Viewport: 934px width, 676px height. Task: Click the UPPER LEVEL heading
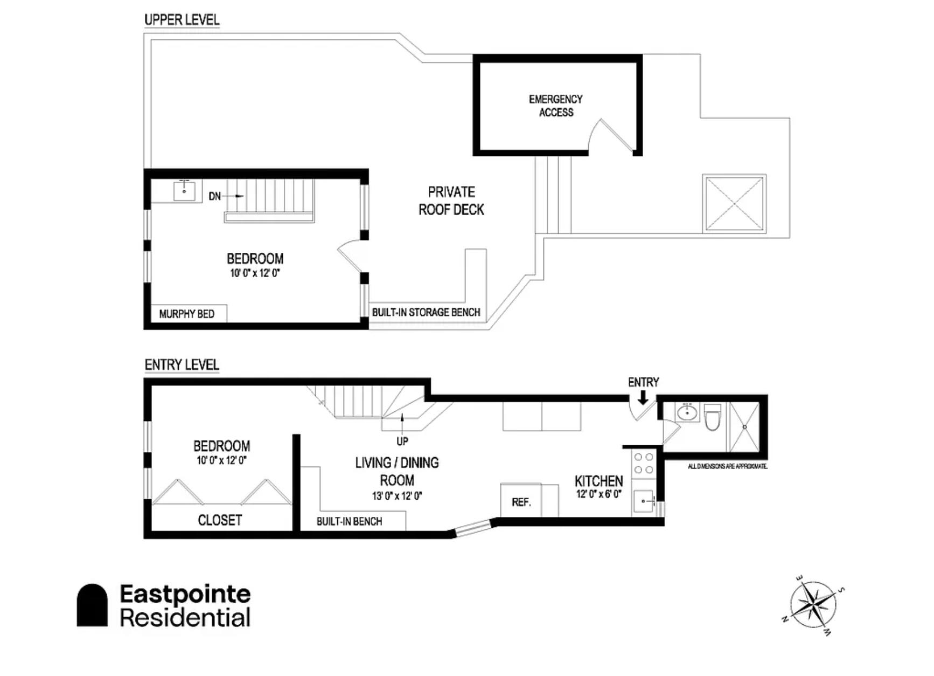(182, 20)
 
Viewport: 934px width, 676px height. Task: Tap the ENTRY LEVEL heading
(182, 365)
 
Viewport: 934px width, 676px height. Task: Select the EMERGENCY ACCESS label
(556, 106)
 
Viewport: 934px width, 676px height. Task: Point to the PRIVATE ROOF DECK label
(451, 201)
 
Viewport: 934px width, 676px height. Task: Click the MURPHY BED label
(186, 314)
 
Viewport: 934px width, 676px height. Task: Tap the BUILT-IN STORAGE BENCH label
(426, 312)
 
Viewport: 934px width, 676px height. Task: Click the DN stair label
(215, 196)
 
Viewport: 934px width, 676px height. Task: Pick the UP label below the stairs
(402, 442)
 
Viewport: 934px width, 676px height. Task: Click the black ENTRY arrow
(643, 397)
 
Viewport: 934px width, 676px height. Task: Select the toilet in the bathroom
(713, 417)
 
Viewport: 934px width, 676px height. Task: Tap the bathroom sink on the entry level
(687, 413)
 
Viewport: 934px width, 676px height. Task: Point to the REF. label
(521, 502)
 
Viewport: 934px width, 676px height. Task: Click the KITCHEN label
(599, 481)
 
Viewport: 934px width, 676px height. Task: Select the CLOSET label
(220, 520)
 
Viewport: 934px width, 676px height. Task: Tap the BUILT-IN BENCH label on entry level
(349, 521)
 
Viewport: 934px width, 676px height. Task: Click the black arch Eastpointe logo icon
(92, 605)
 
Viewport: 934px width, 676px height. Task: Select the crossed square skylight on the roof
(734, 203)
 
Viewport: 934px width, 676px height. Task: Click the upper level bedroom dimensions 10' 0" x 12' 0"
(255, 273)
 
